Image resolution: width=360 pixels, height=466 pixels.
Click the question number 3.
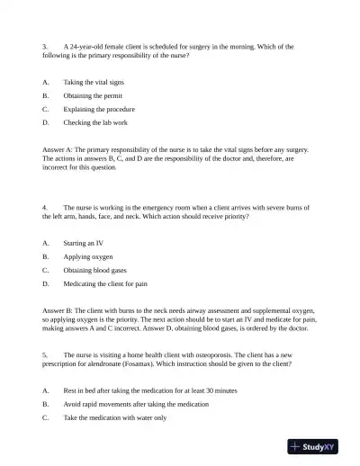45,45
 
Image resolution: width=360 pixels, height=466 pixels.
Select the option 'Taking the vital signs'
94,82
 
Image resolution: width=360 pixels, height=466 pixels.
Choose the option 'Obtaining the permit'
92,94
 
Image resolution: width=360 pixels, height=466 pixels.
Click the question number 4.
45,208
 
